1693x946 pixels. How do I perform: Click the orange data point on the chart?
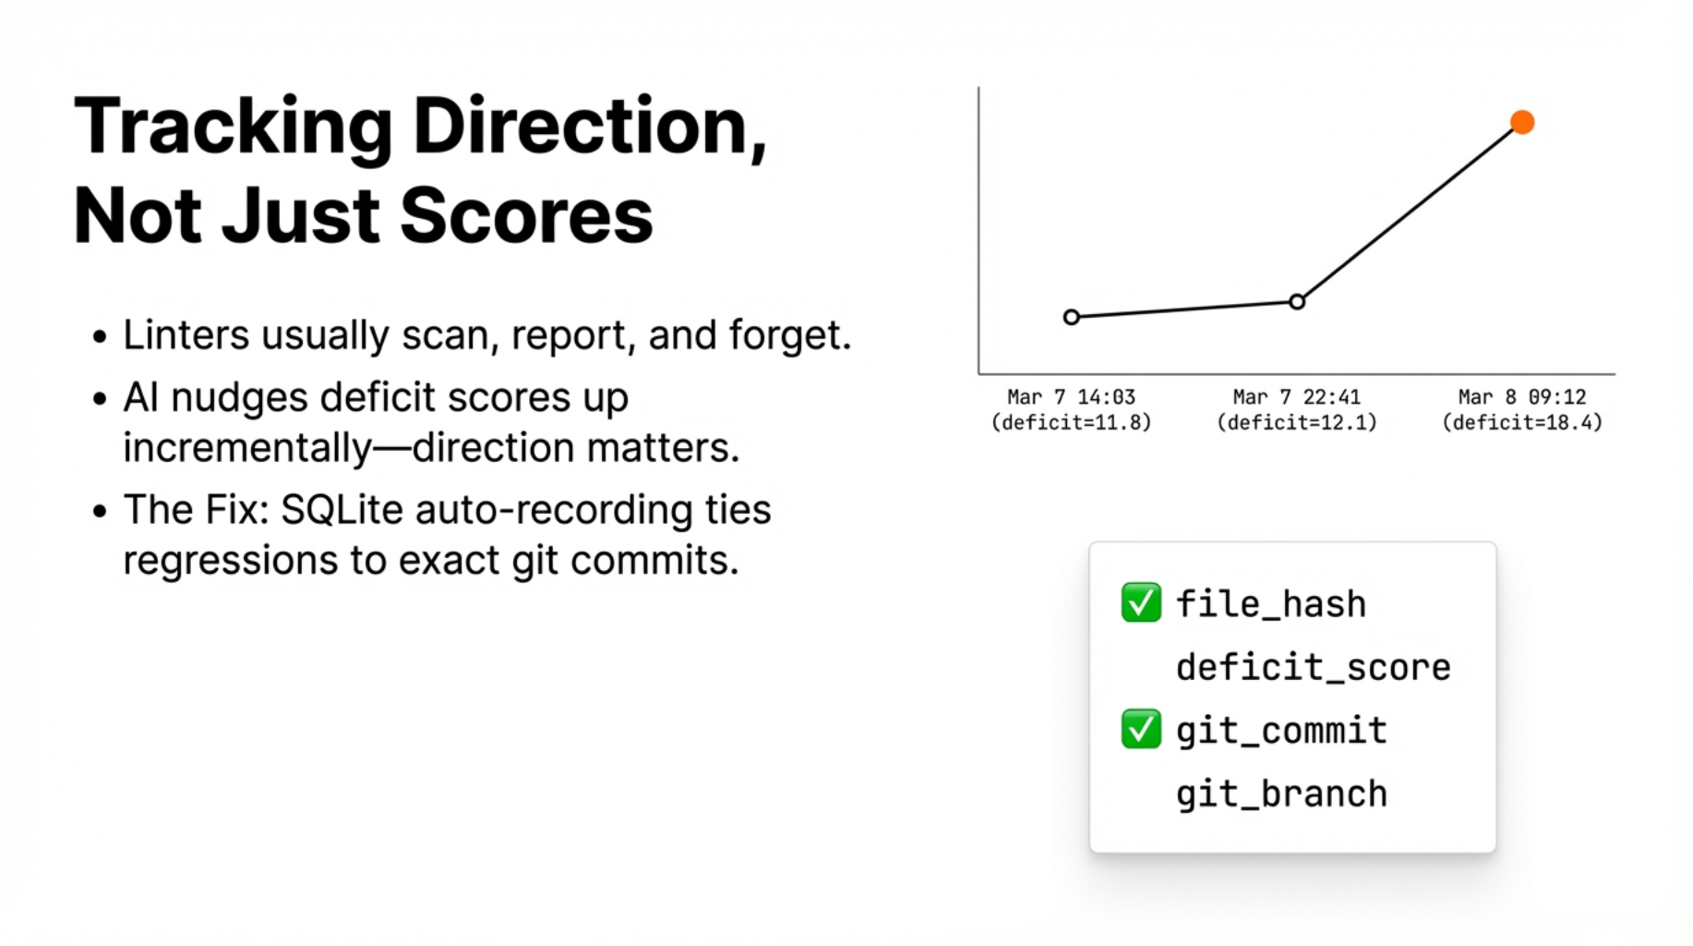pos(1522,122)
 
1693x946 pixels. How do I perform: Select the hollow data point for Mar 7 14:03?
pos(1072,317)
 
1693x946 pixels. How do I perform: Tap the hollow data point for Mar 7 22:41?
pos(1297,301)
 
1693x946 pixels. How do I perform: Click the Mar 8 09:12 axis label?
pos(1522,396)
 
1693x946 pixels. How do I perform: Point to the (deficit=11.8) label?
pos(1072,422)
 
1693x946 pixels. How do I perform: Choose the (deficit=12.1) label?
pos(1297,422)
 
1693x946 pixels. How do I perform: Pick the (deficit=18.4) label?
pos(1522,422)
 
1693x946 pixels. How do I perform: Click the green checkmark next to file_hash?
pos(1141,603)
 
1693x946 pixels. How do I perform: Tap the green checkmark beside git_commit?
pos(1141,729)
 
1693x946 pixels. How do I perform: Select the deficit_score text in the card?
pos(1314,667)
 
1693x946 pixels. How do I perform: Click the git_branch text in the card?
pos(1281,794)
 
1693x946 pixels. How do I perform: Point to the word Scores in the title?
pos(526,215)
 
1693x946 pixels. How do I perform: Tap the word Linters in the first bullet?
pos(186,334)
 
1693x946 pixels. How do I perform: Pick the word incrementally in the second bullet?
pos(247,449)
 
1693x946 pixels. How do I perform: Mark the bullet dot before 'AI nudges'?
pos(100,400)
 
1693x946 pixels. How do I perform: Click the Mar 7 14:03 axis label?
pos(1072,396)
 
